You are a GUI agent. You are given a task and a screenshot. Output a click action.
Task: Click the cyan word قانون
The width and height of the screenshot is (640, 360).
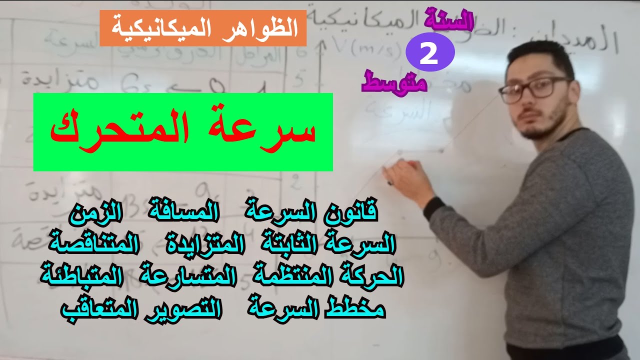coord(350,214)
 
